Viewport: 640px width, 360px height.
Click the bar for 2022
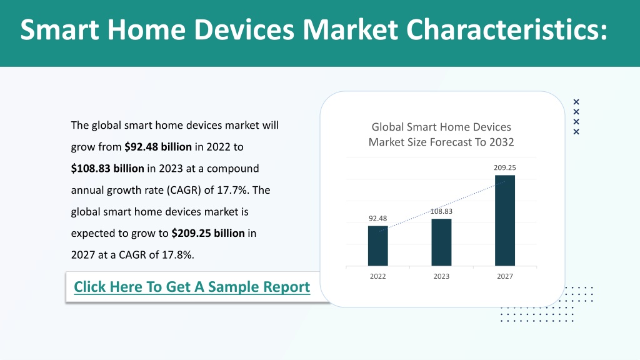point(378,246)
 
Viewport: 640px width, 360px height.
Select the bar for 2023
point(441,242)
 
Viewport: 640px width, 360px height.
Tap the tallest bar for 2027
point(505,221)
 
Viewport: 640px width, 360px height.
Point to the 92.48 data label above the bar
point(378,218)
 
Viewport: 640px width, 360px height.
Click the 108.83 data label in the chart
point(441,211)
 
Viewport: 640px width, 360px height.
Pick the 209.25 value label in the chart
point(505,167)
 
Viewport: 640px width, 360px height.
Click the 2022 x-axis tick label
point(378,276)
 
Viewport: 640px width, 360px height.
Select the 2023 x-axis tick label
point(441,276)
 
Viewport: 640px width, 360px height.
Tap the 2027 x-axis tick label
point(505,276)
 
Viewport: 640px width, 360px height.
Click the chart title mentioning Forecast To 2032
point(441,134)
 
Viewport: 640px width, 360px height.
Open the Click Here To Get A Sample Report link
point(192,286)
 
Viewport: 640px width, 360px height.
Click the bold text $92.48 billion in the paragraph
point(158,147)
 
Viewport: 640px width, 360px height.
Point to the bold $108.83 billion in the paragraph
point(107,169)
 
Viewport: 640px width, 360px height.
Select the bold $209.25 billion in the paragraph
point(208,233)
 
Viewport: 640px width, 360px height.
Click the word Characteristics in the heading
point(506,29)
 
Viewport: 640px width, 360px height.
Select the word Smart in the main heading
point(59,29)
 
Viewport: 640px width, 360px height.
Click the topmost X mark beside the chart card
point(576,102)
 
